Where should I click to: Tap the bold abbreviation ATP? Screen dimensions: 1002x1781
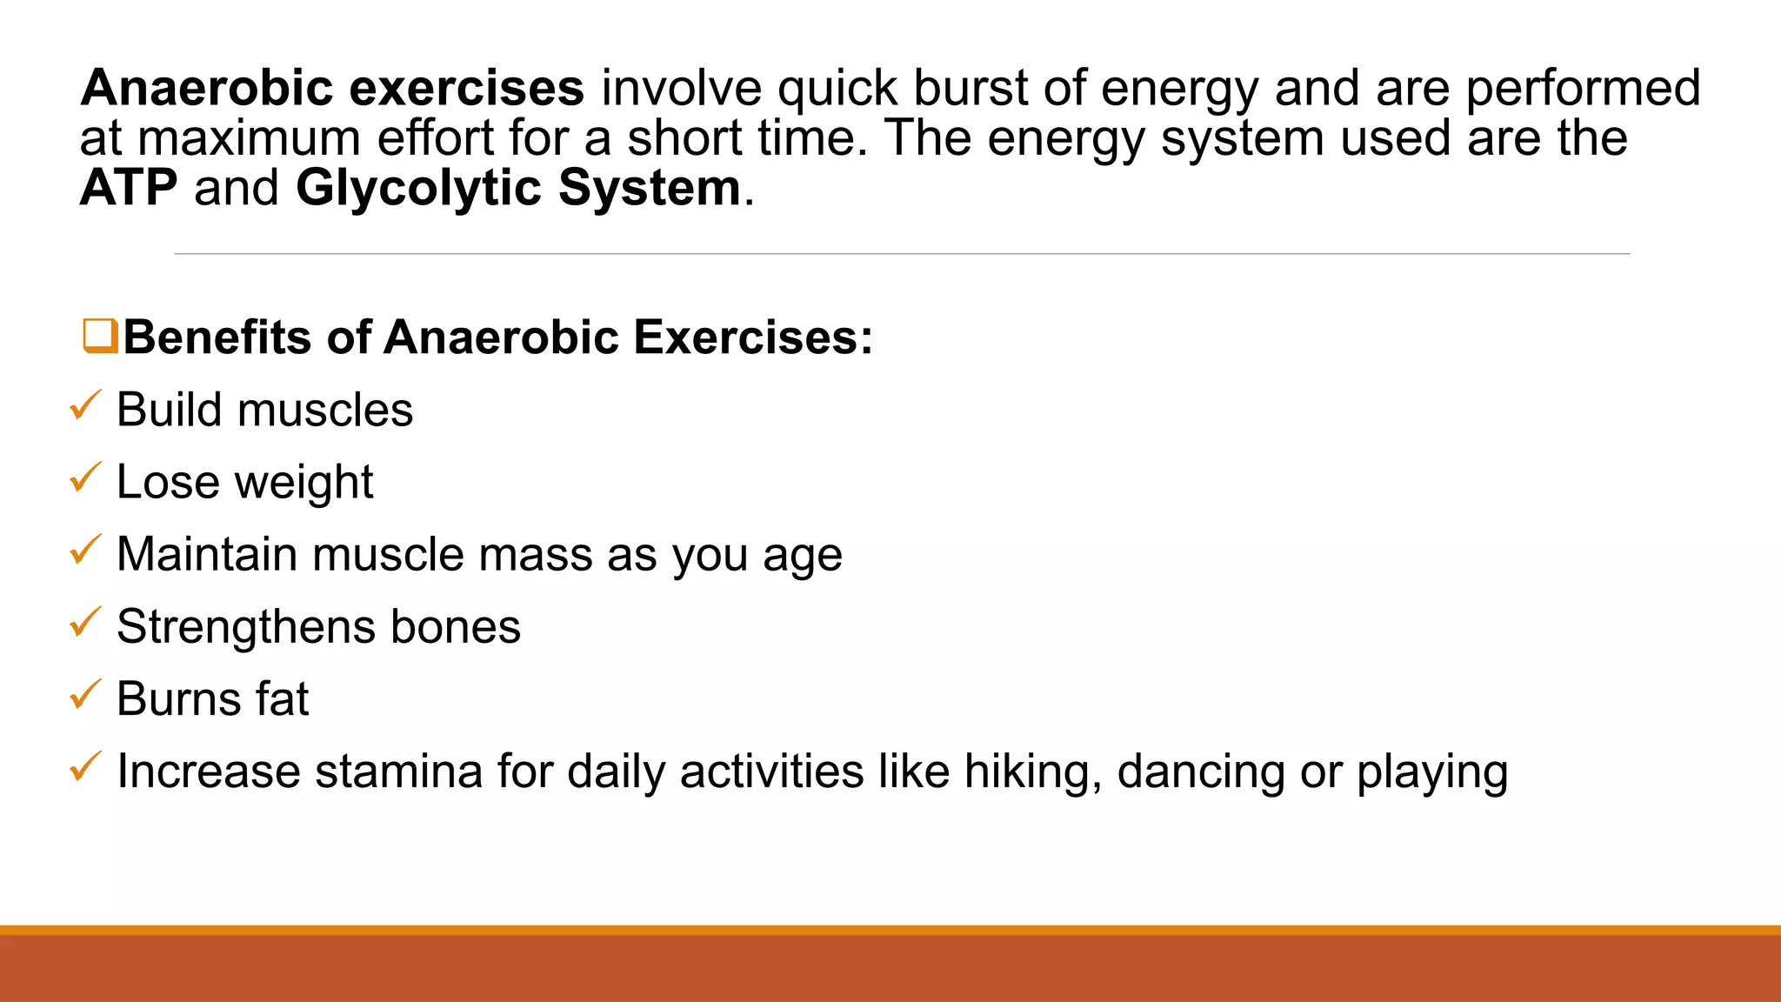(x=129, y=188)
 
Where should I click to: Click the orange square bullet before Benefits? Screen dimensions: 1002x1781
(x=100, y=336)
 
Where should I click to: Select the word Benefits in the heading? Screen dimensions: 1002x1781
(x=217, y=337)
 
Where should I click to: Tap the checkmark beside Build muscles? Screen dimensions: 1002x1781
(x=85, y=405)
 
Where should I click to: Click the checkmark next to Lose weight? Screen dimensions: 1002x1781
(x=85, y=478)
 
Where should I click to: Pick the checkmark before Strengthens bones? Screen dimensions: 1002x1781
(x=85, y=622)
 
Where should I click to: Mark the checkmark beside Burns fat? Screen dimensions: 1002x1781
(x=85, y=694)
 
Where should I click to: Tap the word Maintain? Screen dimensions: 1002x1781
(x=206, y=554)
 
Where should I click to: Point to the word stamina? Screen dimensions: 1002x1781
(x=398, y=772)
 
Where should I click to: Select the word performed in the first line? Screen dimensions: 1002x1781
(x=1583, y=88)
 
